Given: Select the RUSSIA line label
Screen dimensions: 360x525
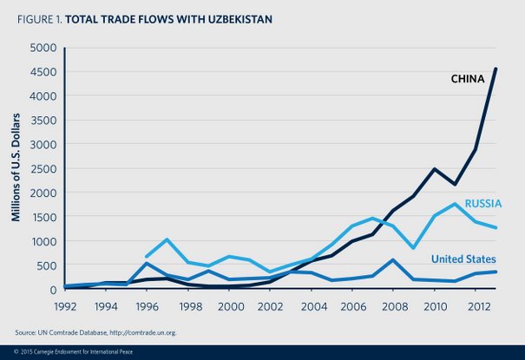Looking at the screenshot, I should tap(482, 204).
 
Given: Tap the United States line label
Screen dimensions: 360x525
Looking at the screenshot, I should tap(463, 259).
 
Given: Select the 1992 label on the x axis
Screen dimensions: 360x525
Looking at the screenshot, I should tap(65, 305).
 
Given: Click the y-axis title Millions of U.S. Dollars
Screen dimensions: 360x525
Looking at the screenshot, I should tap(16, 167).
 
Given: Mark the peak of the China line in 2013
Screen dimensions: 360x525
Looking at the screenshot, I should tap(495, 69).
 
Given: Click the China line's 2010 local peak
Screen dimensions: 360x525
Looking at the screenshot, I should tap(434, 169).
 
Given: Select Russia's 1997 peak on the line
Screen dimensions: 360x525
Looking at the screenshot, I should tap(167, 239).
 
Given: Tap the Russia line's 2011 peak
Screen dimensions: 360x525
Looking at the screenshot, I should tap(454, 204).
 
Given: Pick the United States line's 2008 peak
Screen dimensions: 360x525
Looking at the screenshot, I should tap(393, 260).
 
